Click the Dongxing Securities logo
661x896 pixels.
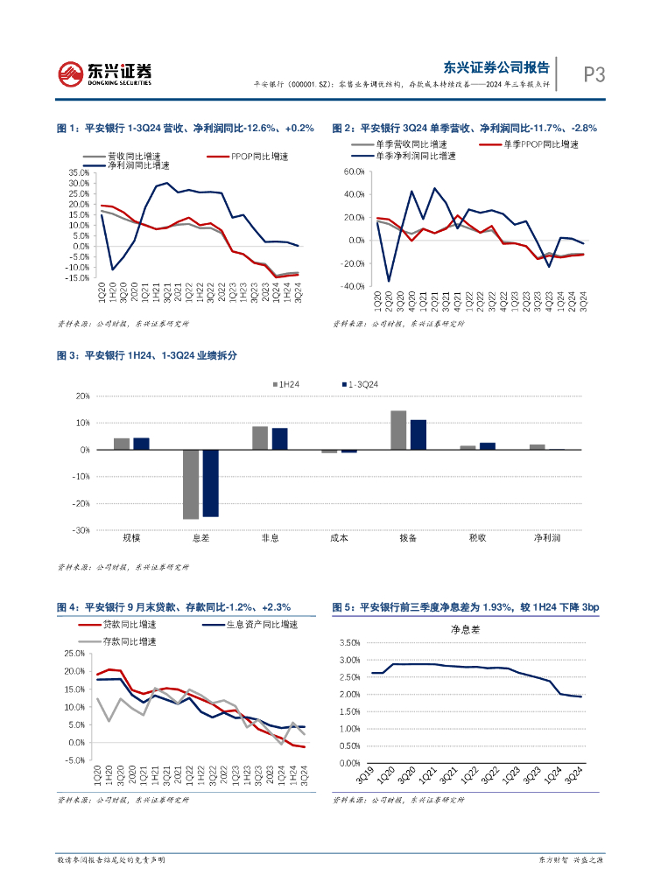105,73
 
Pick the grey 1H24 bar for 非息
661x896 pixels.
260,437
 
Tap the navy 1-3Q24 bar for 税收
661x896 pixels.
488,446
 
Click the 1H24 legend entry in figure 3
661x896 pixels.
289,384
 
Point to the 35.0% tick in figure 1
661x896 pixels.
77,172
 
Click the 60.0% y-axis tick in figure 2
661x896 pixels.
355,172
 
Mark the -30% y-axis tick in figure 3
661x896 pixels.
81,530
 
